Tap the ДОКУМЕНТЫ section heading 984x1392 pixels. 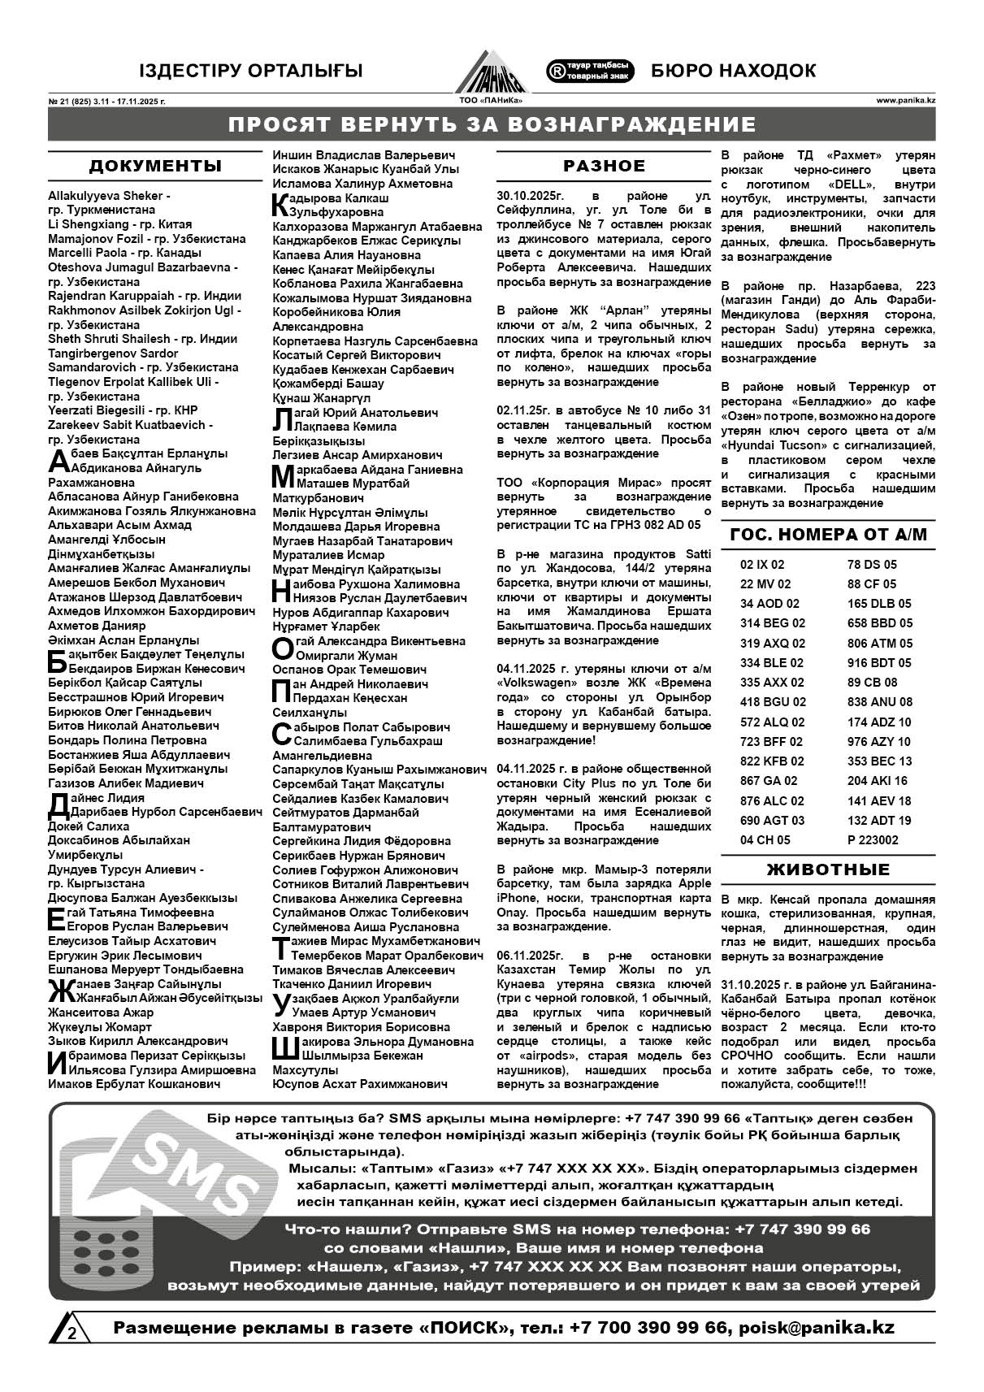(154, 167)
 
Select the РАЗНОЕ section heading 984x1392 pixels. (605, 166)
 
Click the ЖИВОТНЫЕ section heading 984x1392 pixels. (828, 869)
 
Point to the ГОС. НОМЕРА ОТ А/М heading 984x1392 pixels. (828, 535)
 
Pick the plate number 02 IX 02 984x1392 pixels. (762, 565)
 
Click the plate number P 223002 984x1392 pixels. (873, 840)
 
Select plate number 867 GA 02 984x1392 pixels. (769, 781)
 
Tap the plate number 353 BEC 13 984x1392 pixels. (879, 761)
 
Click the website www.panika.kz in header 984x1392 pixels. (905, 101)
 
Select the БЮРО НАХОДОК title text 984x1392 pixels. (733, 71)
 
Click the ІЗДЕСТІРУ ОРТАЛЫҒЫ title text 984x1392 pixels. (251, 72)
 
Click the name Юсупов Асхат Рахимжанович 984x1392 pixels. (360, 1084)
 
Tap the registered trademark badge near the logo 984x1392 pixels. (591, 71)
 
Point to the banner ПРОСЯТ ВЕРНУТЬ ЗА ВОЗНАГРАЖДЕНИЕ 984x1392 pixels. (492, 124)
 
